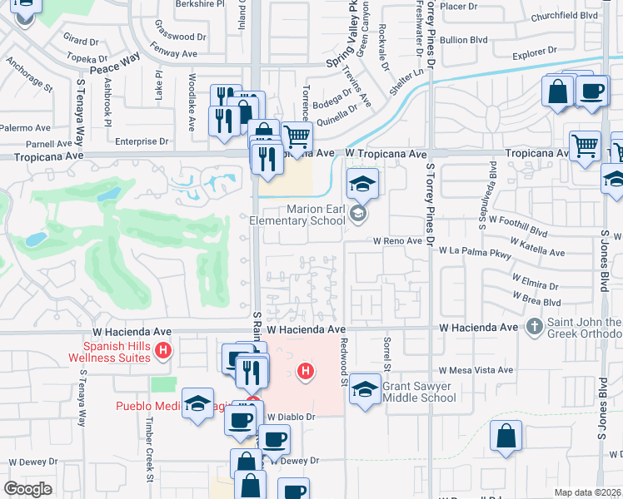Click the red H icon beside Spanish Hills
164,352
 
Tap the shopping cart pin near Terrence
297,137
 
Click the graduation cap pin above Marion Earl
362,185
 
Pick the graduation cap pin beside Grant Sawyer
365,389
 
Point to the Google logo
27,488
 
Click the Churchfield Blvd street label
576,14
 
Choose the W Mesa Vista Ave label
477,370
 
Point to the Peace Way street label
114,64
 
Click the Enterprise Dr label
142,142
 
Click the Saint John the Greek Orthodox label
583,328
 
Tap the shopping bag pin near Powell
506,437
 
